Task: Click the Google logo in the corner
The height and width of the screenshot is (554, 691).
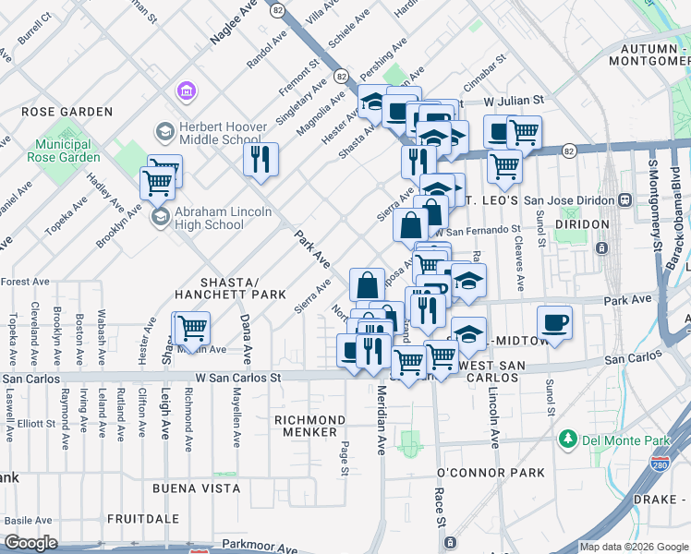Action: point(31,543)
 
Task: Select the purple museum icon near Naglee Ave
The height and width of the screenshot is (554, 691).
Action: point(185,92)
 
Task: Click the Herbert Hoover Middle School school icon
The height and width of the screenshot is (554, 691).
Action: point(164,133)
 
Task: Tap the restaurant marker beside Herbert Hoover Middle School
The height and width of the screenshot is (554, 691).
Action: point(261,158)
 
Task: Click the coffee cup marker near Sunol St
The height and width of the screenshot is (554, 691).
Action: point(554,322)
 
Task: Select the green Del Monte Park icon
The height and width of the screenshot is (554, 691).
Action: point(568,440)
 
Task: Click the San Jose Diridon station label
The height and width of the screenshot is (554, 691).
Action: point(578,199)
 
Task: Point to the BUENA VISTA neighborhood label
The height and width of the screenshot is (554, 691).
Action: point(196,488)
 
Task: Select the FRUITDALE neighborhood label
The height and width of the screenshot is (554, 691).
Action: point(142,519)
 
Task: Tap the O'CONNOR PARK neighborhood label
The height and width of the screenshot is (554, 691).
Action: point(491,473)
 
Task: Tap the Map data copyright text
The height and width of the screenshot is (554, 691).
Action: point(612,547)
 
